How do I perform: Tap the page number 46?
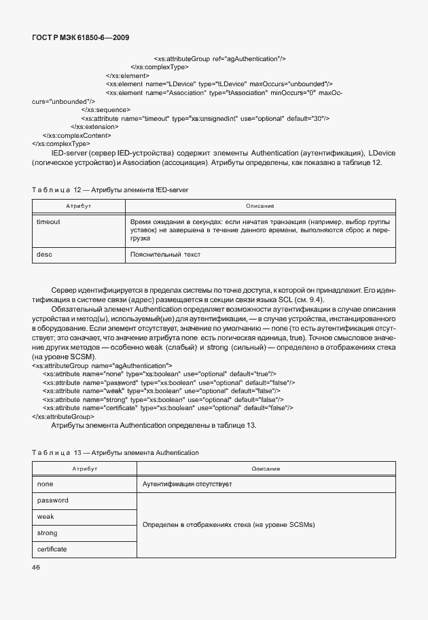tap(37, 568)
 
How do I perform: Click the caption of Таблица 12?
tap(109, 190)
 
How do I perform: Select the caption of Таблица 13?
tap(115, 452)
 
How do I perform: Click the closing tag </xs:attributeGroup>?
tap(63, 416)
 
